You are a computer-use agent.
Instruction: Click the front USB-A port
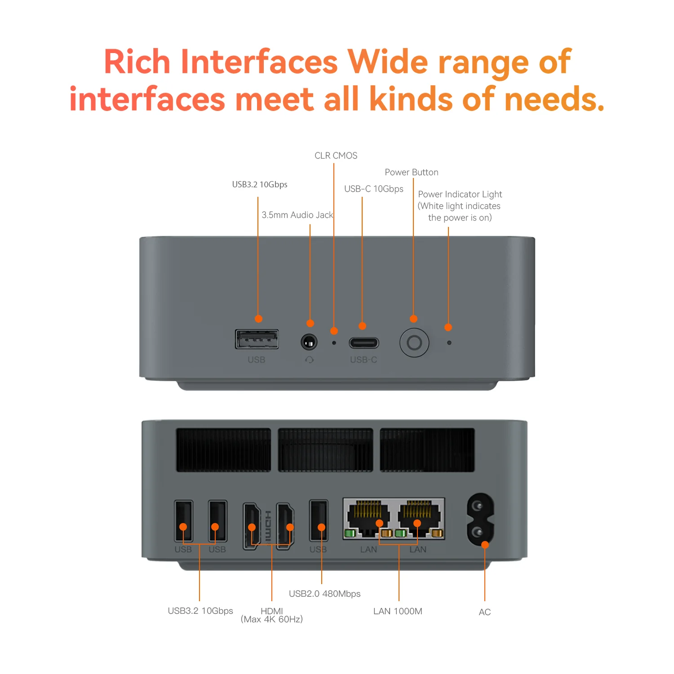tap(257, 339)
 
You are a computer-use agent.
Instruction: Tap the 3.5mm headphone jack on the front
tap(309, 343)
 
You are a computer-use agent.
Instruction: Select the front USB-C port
tap(364, 343)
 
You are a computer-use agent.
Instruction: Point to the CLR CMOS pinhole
tap(334, 343)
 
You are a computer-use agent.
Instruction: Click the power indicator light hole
tap(449, 343)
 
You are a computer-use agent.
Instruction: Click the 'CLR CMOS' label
tap(336, 155)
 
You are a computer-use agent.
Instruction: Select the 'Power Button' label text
tap(411, 172)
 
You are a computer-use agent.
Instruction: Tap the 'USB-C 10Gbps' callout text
tap(373, 189)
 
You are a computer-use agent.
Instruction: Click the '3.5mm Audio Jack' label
tap(297, 215)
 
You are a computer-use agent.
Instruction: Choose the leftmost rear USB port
tap(183, 521)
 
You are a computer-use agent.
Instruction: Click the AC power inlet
tap(480, 520)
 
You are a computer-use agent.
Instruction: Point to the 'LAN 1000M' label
tap(398, 611)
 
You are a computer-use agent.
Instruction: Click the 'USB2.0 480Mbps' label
tap(324, 594)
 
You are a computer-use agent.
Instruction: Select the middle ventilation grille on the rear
tap(325, 450)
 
